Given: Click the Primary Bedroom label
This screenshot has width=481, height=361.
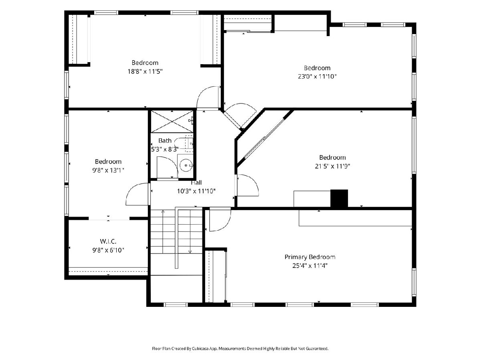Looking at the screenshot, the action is point(309,257).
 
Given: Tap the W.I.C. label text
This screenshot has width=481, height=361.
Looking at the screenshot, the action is point(108,241).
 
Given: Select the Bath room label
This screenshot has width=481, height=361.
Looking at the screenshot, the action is point(165,140).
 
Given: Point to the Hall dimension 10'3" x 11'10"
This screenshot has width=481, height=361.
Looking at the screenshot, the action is point(196,191).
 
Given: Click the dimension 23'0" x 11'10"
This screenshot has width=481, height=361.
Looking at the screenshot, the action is point(317,77).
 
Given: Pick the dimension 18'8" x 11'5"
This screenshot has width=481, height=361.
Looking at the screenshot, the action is point(145,71).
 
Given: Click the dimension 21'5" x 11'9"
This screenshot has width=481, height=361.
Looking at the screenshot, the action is point(332,166).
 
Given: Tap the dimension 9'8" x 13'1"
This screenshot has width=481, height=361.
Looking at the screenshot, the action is point(108,170).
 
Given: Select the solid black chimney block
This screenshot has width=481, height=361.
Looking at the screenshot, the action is point(339,198).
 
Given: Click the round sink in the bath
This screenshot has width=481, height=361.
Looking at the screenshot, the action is point(186,165).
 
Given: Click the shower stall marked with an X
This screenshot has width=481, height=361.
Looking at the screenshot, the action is point(172,122).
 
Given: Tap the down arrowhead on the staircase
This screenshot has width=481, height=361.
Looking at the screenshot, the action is point(190,251).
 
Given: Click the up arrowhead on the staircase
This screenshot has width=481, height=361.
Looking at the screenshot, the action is point(163,211).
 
